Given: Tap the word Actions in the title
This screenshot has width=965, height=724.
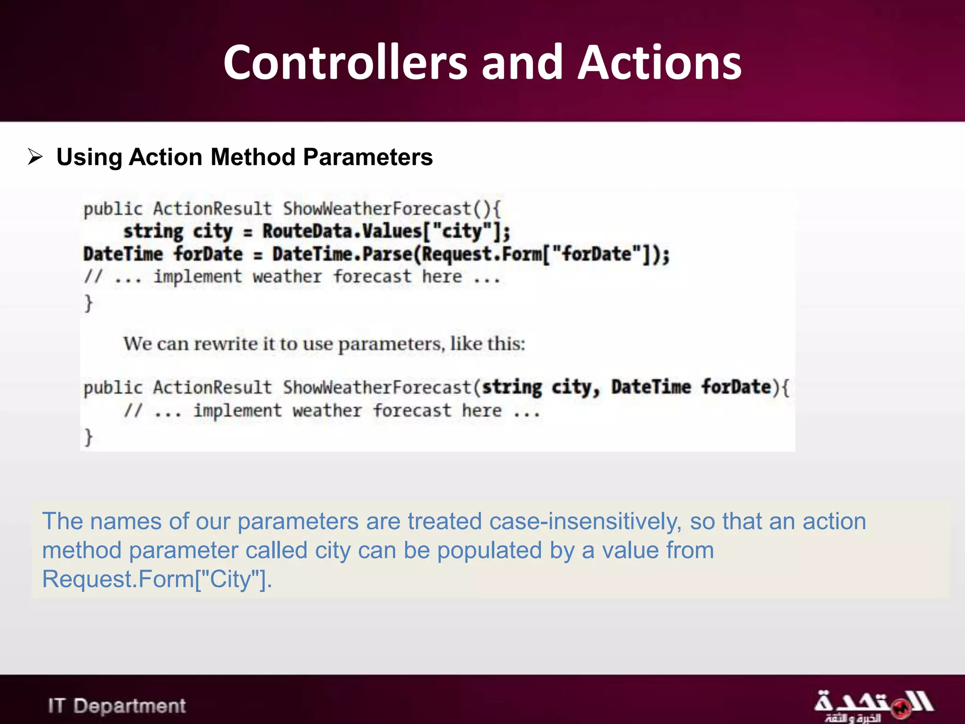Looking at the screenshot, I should pyautogui.click(x=659, y=63).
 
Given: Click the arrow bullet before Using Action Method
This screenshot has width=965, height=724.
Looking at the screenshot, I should pyautogui.click(x=35, y=156).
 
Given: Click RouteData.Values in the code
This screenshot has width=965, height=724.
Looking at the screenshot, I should pyautogui.click(x=342, y=231).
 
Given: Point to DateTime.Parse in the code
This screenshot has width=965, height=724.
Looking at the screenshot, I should pyautogui.click(x=342, y=254).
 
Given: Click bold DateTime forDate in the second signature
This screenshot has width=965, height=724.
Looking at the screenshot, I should pyautogui.click(x=691, y=387).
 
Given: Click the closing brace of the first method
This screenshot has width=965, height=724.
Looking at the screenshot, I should pyautogui.click(x=88, y=303).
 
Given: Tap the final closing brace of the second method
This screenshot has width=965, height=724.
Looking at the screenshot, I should pyautogui.click(x=88, y=436).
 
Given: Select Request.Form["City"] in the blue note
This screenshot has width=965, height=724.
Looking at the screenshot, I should pyautogui.click(x=157, y=579).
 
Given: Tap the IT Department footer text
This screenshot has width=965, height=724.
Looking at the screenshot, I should pyautogui.click(x=117, y=706).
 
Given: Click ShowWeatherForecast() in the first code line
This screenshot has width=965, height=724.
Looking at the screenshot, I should pyautogui.click(x=391, y=209).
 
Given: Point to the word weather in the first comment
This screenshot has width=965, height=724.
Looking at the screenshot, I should pyautogui.click(x=287, y=277).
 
